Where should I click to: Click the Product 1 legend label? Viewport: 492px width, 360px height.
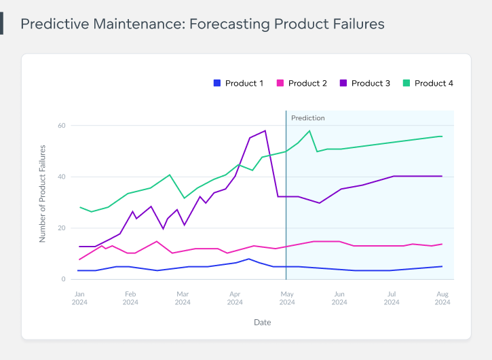click(x=244, y=84)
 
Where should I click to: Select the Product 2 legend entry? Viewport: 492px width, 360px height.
click(x=307, y=84)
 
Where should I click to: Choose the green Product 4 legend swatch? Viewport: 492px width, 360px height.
click(x=406, y=84)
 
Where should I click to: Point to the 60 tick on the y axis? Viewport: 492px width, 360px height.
click(x=61, y=126)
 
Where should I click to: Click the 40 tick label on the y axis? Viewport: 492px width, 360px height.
click(x=61, y=177)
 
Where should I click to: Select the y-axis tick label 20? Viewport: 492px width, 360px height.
click(x=61, y=228)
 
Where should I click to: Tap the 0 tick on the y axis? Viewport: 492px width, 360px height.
click(x=63, y=279)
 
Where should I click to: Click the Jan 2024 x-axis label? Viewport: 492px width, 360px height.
click(x=79, y=298)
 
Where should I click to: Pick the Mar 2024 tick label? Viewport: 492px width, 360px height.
click(x=183, y=298)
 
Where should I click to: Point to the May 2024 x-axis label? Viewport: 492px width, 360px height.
click(x=287, y=298)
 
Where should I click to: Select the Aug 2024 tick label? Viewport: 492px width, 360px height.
click(x=442, y=298)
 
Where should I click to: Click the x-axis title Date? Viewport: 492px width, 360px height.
click(x=262, y=322)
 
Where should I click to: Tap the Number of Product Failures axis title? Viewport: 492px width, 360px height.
click(x=42, y=194)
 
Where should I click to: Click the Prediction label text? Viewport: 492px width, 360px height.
click(x=308, y=118)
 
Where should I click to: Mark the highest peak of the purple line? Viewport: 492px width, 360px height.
click(x=265, y=130)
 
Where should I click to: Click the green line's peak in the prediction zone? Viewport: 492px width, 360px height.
click(x=309, y=130)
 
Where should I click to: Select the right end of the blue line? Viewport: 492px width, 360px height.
click(x=442, y=266)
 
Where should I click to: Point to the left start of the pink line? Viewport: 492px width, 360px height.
click(x=79, y=259)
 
